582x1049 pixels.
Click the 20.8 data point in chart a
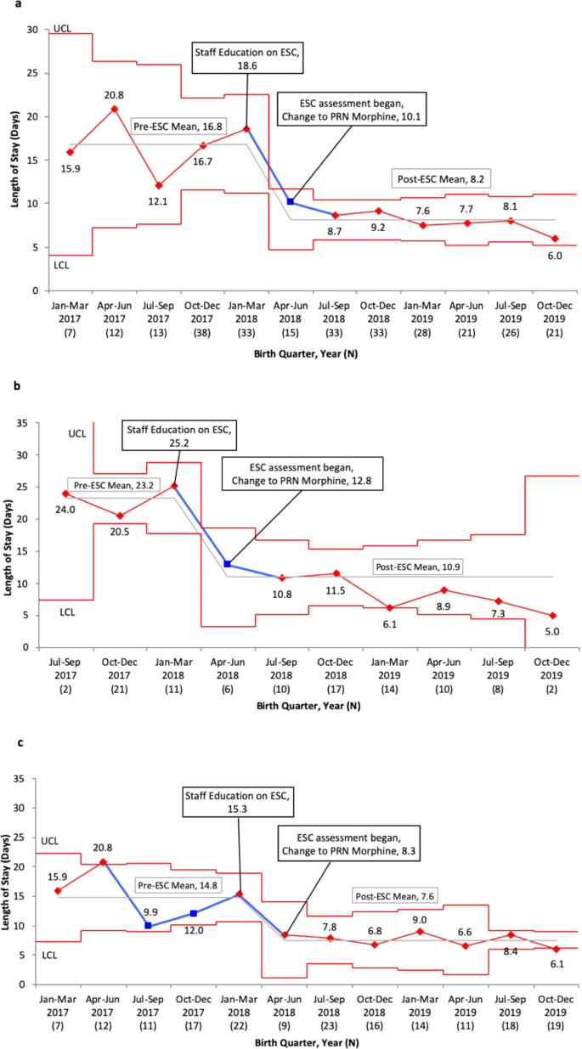[114, 110]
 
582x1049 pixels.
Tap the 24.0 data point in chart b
[65, 493]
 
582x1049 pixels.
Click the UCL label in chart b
[76, 434]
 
